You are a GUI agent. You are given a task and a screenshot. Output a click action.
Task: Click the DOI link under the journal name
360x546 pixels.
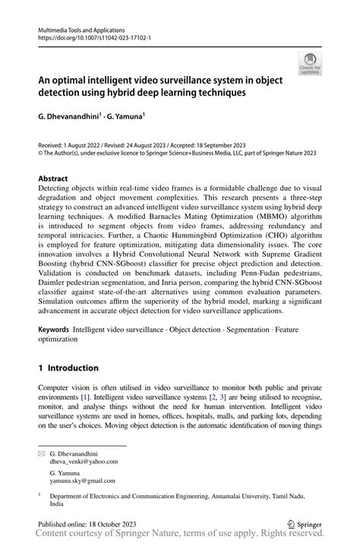[x=89, y=36]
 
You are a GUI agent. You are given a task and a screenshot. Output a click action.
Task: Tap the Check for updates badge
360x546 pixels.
[x=309, y=65]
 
